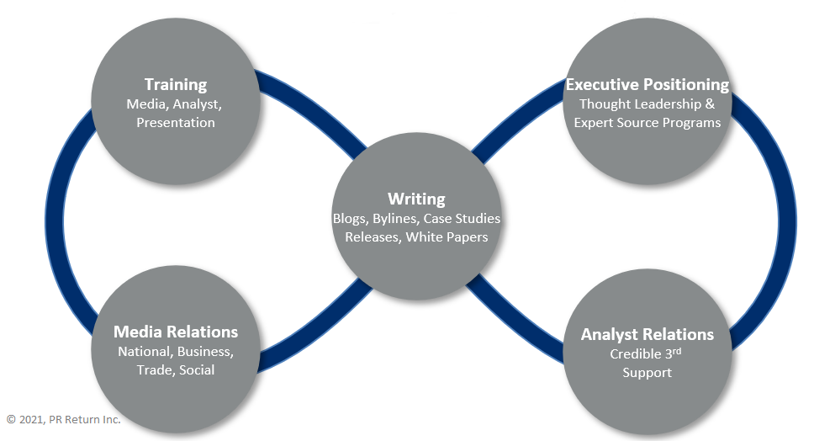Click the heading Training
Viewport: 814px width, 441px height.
[x=175, y=84]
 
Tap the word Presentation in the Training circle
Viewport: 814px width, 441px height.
[x=175, y=123]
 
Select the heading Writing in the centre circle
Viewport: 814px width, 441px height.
[x=416, y=199]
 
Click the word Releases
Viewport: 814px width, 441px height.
[x=373, y=237]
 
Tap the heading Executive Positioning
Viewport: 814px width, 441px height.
[x=647, y=84]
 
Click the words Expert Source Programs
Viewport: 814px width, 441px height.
[x=647, y=123]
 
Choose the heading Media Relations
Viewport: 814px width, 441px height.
[x=176, y=332]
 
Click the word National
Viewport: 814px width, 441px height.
[x=144, y=351]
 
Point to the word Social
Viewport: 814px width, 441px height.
[x=197, y=370]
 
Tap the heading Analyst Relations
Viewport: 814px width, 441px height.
[x=647, y=334]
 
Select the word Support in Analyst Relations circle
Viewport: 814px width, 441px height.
[x=647, y=373]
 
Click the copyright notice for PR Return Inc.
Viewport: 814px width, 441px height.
[x=63, y=418]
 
